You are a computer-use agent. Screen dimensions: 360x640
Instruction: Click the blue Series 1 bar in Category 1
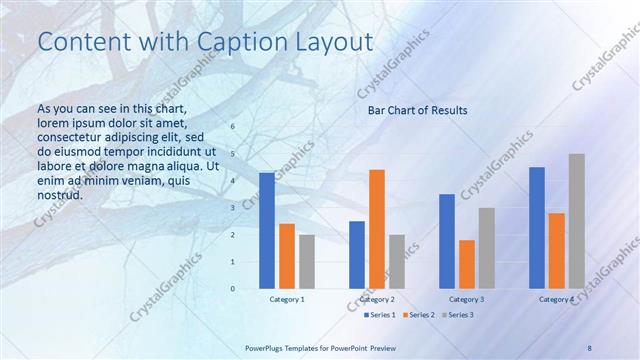267,231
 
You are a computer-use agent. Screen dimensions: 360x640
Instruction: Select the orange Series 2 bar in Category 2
377,229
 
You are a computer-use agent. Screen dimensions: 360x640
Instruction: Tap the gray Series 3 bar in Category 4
577,221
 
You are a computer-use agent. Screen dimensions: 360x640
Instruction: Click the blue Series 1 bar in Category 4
537,228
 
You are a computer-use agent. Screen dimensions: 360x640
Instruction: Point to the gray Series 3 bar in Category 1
307,262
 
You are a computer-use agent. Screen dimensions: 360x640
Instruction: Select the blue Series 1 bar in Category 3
447,241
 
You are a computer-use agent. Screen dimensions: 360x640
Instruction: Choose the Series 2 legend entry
418,315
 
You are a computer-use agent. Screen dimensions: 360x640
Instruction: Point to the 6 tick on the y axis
233,127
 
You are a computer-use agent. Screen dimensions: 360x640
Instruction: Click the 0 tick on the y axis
233,289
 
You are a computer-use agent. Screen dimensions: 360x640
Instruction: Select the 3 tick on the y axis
233,208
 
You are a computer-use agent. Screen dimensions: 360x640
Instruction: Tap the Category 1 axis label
287,299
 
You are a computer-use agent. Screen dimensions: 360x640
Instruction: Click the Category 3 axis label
467,299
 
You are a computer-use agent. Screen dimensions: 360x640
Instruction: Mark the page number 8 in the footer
590,346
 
